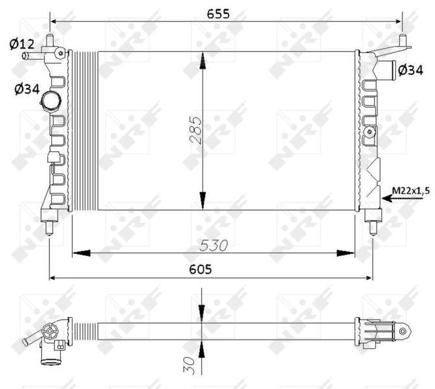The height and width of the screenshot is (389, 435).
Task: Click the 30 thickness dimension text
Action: coord(188,366)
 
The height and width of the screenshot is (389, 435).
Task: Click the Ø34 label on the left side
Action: coord(24,89)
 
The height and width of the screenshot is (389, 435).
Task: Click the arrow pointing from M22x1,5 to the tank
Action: coord(390,199)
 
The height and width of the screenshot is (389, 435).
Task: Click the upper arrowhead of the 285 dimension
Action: coord(203,61)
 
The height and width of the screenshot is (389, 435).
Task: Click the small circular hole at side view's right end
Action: coord(403,331)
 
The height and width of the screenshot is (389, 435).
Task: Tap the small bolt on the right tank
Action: coord(370,132)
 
